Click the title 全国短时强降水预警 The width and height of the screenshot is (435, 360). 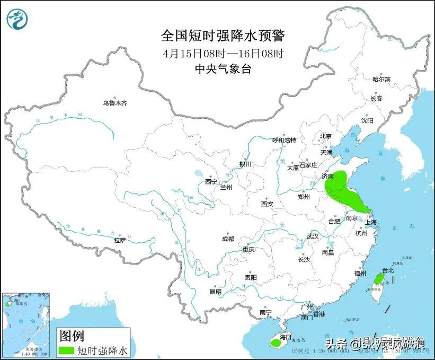click(x=223, y=36)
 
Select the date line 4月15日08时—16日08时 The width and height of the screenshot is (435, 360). click(x=223, y=54)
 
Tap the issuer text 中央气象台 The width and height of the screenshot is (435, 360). click(x=223, y=69)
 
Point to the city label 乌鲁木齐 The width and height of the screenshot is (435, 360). click(x=115, y=103)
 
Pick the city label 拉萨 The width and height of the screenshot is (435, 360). click(x=120, y=240)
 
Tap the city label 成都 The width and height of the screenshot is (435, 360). click(x=228, y=239)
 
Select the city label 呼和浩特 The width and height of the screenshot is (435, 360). click(x=284, y=140)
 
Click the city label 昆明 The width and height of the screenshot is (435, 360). click(x=216, y=292)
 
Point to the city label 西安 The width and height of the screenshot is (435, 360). click(x=267, y=204)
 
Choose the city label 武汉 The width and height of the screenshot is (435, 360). click(x=313, y=236)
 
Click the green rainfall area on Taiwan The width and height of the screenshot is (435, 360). click(x=378, y=279)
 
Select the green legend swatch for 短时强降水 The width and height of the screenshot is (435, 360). click(x=66, y=350)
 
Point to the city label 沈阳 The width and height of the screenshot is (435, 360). click(x=367, y=120)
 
